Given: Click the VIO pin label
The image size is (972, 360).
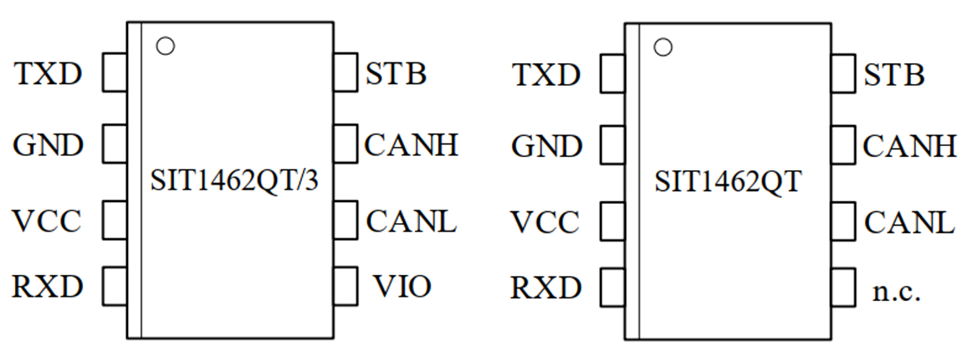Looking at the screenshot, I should click(402, 286).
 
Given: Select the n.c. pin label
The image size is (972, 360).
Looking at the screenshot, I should click(896, 291).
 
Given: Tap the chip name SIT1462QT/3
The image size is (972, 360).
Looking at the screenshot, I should click(234, 181).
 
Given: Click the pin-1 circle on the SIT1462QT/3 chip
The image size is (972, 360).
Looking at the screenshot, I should click(166, 46).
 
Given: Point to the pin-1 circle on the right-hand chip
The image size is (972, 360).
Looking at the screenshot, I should click(663, 48).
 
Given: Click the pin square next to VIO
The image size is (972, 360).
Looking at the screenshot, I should click(346, 286).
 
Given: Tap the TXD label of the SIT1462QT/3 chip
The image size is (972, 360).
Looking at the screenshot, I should click(48, 73).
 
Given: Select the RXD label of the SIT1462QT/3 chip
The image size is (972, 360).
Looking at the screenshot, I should click(48, 286).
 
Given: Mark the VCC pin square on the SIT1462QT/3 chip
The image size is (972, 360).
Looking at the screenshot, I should click(115, 219).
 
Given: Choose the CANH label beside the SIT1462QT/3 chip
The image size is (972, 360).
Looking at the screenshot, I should click(411, 145).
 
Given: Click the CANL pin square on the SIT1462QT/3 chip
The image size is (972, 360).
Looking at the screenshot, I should click(346, 219).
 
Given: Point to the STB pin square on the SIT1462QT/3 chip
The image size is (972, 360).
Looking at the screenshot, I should click(346, 73).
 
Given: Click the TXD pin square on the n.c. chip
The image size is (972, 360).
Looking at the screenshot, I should click(613, 74).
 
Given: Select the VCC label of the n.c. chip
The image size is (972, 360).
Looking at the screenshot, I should click(546, 222).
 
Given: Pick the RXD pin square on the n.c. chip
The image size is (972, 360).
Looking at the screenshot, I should click(613, 287).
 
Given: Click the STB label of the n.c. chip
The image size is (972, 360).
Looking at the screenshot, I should click(894, 75).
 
